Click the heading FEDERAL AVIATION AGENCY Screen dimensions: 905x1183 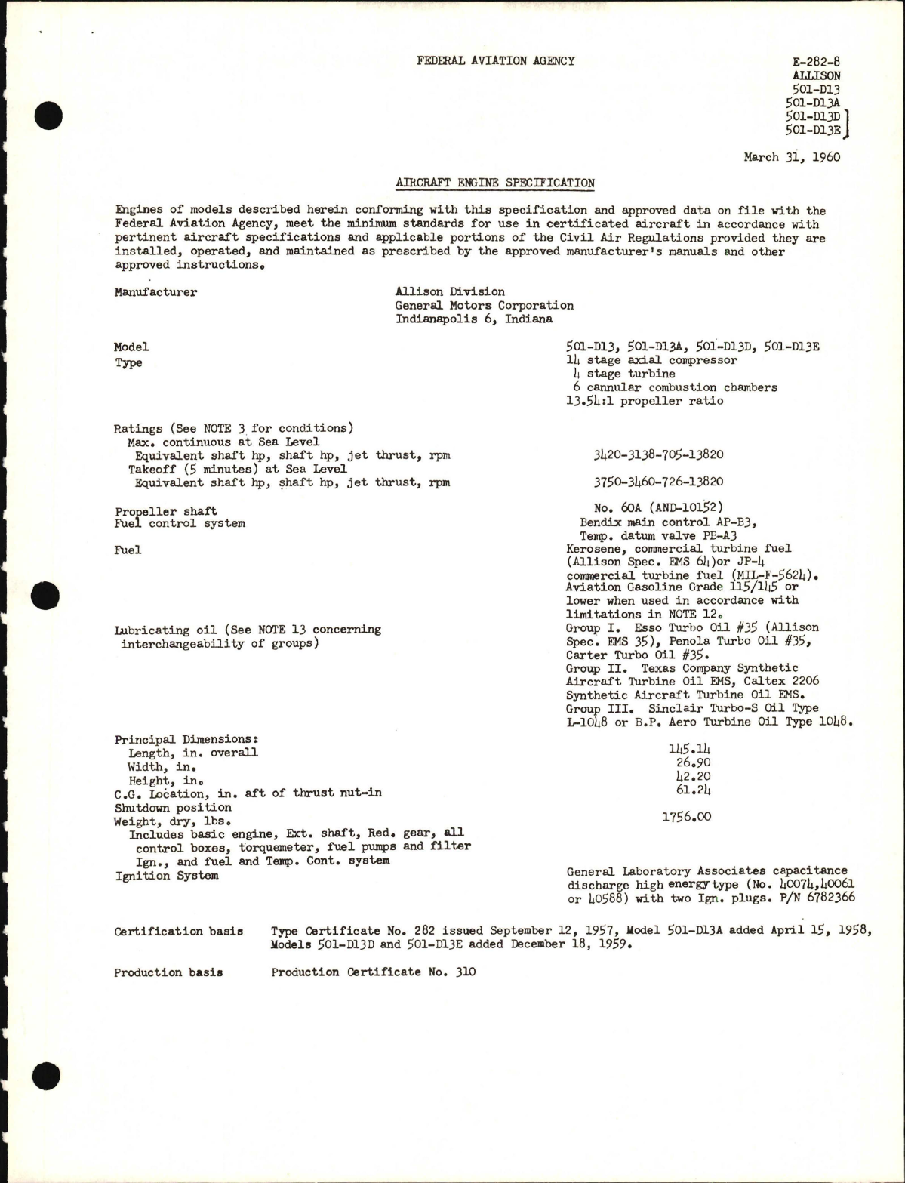tap(495, 61)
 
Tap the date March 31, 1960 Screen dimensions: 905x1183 tap(791, 158)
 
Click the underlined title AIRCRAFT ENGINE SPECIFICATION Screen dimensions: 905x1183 tap(495, 183)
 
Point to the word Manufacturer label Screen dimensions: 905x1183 tap(155, 292)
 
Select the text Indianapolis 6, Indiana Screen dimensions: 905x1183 tap(474, 319)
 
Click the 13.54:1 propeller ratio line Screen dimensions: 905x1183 tap(644, 401)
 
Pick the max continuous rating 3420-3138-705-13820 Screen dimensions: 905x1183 tap(658, 455)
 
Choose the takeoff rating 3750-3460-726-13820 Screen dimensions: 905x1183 tap(658, 482)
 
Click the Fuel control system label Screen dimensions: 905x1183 tap(180, 523)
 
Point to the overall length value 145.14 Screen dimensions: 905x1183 tap(689, 749)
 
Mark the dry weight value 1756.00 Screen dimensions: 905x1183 tap(686, 817)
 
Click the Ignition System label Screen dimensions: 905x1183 tap(166, 876)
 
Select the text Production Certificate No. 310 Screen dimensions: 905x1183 tap(374, 972)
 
